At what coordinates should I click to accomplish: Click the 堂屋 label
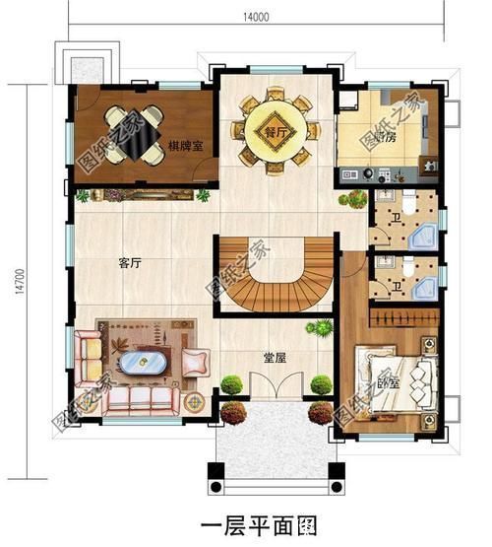[275, 357]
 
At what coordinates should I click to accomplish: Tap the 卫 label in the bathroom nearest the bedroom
[394, 286]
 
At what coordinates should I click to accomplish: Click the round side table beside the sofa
[195, 402]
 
